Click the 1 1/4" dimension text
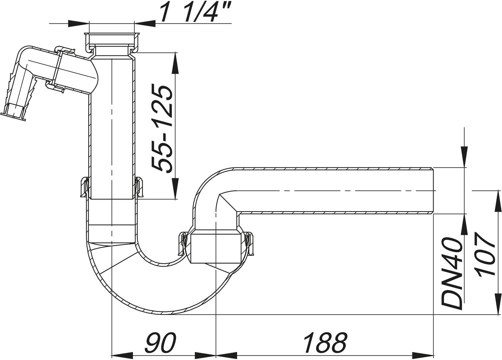(193, 13)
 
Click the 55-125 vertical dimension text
(162, 128)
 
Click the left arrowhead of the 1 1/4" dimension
(79, 23)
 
